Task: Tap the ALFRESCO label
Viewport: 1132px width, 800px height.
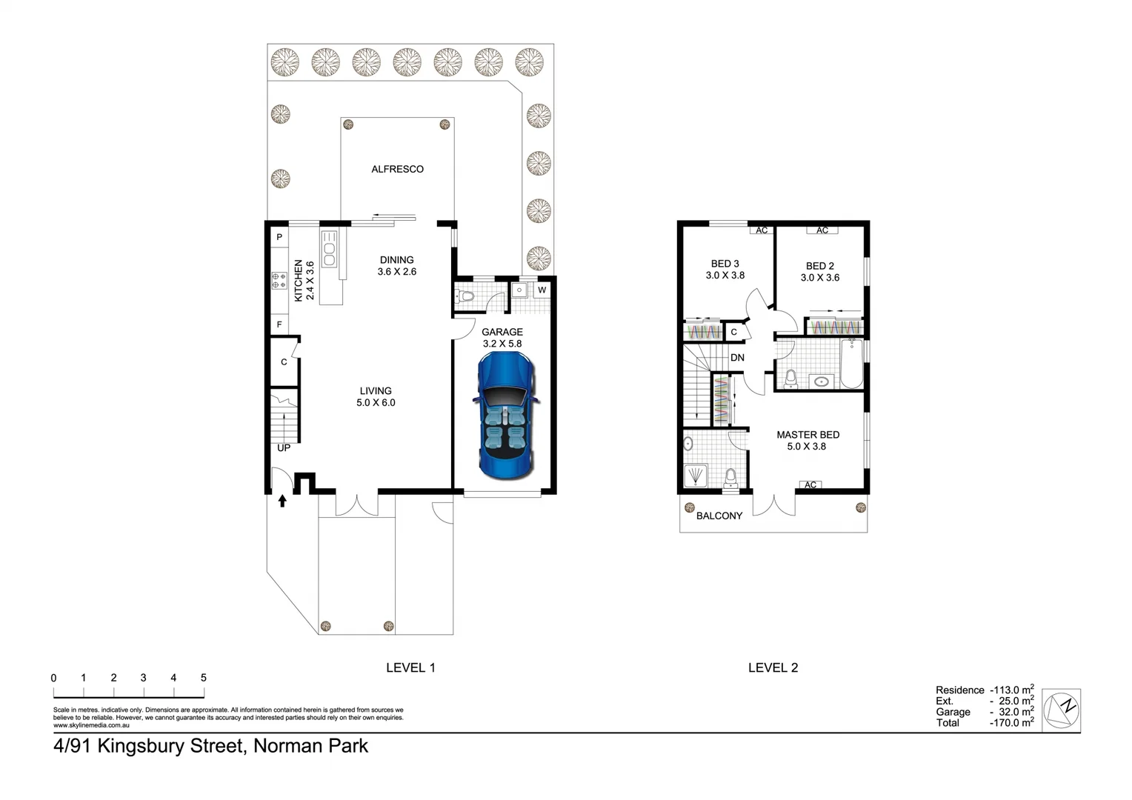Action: click(397, 169)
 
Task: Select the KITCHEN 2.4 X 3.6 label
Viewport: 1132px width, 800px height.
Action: click(304, 280)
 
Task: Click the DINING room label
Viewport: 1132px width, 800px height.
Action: click(397, 265)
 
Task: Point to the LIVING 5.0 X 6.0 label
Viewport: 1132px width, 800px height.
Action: click(376, 396)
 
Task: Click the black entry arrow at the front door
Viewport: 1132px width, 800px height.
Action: click(282, 501)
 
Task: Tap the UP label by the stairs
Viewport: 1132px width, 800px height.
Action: click(284, 448)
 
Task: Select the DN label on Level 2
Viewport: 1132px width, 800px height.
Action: click(737, 358)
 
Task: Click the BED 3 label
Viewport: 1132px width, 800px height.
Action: click(725, 269)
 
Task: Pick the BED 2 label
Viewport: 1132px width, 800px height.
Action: click(820, 271)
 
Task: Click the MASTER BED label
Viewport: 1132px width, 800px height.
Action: click(808, 440)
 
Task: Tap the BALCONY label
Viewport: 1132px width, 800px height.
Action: click(719, 516)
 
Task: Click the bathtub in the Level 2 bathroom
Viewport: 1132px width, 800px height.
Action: click(852, 364)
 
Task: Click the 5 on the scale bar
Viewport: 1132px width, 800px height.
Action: click(204, 678)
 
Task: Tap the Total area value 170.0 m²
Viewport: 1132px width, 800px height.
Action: click(1012, 722)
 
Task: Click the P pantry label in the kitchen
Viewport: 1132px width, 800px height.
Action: click(279, 237)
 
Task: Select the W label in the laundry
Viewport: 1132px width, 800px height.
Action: click(542, 290)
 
